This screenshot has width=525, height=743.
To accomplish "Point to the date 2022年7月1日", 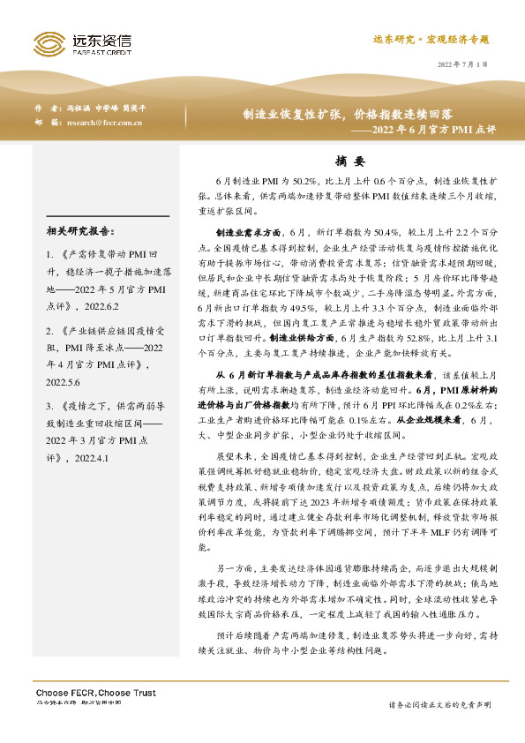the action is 462,64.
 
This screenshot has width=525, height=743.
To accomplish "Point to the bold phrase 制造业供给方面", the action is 301,313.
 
